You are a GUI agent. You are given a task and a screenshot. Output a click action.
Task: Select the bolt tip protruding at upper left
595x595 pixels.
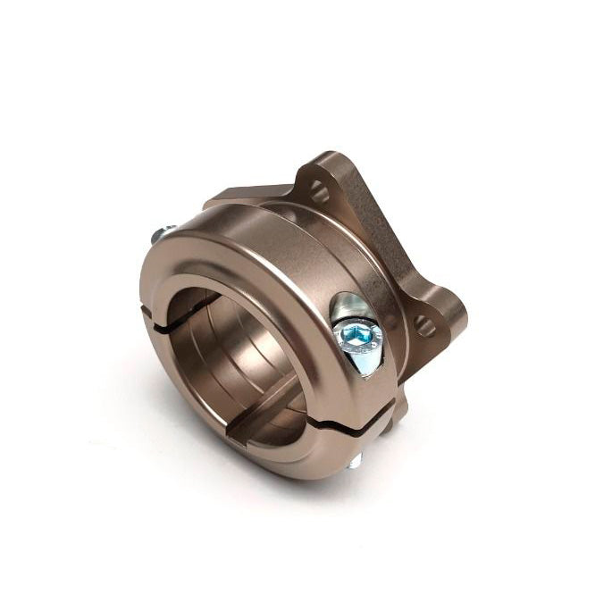(161, 235)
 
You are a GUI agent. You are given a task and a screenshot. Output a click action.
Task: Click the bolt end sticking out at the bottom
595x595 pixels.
(356, 461)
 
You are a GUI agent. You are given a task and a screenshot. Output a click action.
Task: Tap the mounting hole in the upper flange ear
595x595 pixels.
(319, 190)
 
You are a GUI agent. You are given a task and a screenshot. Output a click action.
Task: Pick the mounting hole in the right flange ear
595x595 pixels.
(427, 326)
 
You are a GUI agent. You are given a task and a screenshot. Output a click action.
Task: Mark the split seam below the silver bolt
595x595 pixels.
(357, 420)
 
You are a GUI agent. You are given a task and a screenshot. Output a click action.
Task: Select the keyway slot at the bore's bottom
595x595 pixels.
(255, 429)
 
